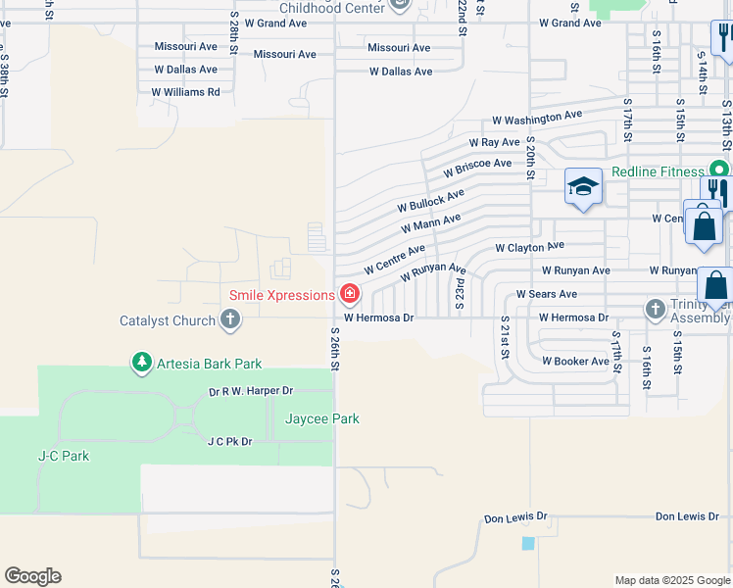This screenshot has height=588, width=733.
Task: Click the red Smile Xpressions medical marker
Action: [349, 294]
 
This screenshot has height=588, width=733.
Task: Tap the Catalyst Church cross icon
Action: [230, 319]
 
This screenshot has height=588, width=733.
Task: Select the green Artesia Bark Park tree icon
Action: [142, 364]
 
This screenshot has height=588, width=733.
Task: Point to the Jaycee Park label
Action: [321, 418]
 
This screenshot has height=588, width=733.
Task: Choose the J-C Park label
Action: [64, 456]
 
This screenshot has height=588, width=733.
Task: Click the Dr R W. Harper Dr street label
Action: [251, 391]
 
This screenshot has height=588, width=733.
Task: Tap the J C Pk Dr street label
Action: [229, 442]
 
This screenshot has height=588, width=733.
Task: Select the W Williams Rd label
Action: [185, 92]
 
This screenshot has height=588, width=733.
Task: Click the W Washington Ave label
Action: [536, 118]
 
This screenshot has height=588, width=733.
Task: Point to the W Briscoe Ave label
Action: [477, 167]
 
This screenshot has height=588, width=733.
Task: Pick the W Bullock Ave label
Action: [430, 202]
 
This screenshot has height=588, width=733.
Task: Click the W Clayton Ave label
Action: [529, 248]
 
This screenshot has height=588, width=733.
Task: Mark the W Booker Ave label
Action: [575, 362]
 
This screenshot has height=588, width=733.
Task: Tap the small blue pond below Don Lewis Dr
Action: [529, 543]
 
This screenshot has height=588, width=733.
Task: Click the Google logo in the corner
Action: [32, 576]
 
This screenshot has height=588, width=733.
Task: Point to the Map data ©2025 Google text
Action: [671, 580]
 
